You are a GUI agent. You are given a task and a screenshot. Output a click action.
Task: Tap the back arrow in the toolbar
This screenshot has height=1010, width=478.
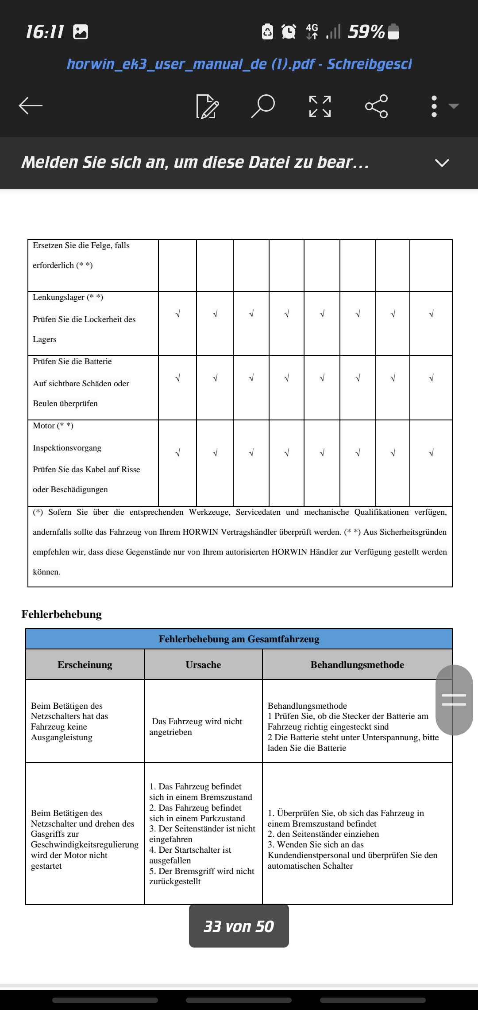pos(31,106)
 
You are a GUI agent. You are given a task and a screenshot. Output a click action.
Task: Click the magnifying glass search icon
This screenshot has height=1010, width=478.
pos(263,106)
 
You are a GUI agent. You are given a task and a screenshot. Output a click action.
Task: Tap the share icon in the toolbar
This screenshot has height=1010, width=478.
pos(376,106)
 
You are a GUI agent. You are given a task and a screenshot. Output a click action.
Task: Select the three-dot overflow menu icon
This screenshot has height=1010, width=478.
pos(434,106)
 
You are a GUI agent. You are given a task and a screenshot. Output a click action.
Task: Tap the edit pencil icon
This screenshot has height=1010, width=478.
pos(207,106)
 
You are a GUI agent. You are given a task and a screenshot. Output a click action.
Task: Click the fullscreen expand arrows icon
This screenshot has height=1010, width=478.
pos(320,106)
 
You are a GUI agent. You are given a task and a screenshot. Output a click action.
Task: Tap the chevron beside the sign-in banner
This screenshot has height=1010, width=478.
pos(442,163)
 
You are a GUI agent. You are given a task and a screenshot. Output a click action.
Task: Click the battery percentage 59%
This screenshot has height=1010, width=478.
pos(366,32)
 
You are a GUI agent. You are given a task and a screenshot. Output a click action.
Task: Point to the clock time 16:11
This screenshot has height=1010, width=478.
pos(45,32)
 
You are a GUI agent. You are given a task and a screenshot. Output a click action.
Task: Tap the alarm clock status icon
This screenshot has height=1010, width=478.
pos(289,32)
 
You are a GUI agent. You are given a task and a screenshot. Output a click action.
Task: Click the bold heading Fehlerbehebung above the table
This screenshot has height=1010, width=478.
pos(62,614)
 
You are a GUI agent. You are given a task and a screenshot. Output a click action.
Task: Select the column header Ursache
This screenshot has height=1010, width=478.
pos(203,664)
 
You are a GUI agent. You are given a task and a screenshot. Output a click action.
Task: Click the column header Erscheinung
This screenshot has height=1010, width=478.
pos(85,664)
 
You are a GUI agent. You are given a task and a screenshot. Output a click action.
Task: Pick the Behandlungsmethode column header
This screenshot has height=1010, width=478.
pos(357,664)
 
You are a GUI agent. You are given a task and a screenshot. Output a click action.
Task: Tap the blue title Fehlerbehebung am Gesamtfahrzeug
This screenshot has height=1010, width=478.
pos(239,639)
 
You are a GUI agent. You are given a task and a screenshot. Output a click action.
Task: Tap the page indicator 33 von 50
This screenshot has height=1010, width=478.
pos(239,926)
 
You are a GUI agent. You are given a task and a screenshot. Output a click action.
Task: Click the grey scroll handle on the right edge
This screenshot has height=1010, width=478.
pos(454,700)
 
